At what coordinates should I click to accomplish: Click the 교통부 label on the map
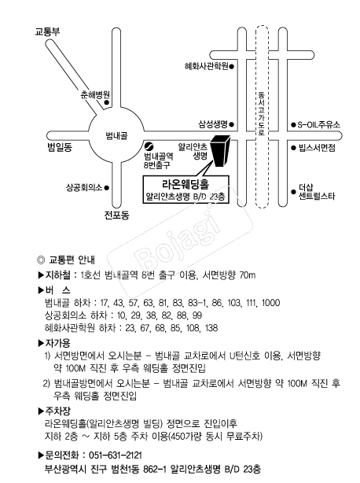tap(47, 31)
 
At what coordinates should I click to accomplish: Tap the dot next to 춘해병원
tap(106, 102)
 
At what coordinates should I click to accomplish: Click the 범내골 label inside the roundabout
tap(116, 135)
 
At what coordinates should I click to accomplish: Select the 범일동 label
tap(60, 147)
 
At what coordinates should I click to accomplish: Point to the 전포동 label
tap(116, 215)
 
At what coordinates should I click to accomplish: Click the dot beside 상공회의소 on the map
tap(106, 187)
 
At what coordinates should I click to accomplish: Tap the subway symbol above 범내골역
tap(149, 146)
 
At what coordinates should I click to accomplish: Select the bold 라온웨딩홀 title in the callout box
tap(186, 184)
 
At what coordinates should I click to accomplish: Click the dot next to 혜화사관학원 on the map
tap(232, 66)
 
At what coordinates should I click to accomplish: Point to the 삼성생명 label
tap(212, 124)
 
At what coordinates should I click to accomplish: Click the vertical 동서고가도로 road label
tap(262, 113)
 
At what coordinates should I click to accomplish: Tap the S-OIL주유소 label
tap(319, 125)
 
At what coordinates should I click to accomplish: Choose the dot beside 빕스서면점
tap(293, 148)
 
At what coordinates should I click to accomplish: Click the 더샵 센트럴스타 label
tap(317, 192)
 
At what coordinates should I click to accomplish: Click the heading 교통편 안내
tap(72, 260)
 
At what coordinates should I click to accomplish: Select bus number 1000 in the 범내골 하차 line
tap(270, 303)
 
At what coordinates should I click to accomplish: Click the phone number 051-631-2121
tap(116, 455)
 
